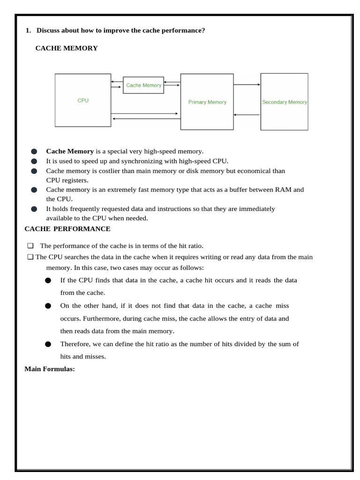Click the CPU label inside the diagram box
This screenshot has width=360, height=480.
tap(83, 100)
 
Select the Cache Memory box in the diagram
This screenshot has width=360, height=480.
tap(143, 85)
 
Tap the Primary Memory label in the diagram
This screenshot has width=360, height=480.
tap(207, 102)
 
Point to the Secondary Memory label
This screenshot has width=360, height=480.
tap(284, 102)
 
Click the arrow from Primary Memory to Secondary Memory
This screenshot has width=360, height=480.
tap(247, 85)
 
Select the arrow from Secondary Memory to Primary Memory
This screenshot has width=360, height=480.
tap(247, 114)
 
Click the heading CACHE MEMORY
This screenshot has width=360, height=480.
tap(67, 48)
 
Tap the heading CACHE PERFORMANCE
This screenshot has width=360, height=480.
tap(67, 229)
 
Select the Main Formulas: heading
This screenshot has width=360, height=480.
tap(50, 369)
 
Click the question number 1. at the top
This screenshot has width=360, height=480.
tap(28, 30)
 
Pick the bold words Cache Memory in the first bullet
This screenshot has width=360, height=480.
tap(69, 151)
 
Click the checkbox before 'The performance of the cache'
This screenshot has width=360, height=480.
tap(30, 246)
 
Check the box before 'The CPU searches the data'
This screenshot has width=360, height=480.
tap(30, 257)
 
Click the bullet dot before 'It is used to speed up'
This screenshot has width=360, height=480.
tap(34, 161)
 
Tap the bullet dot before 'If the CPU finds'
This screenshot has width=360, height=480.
tap(48, 280)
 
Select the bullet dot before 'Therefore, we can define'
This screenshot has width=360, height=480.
tap(48, 344)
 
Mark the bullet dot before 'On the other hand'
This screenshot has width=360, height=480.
tap(48, 306)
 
